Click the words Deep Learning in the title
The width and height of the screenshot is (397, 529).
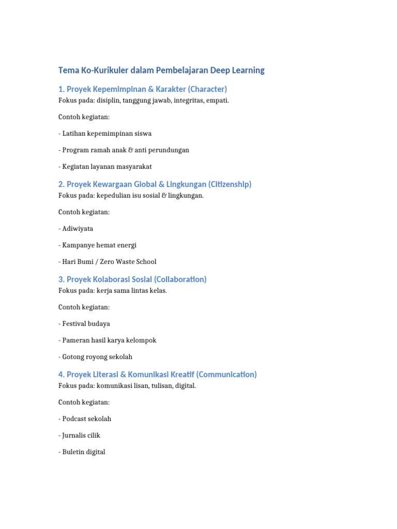click(x=237, y=70)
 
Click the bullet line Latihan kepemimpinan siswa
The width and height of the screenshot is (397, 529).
click(x=105, y=133)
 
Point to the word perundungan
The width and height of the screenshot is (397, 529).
click(x=170, y=150)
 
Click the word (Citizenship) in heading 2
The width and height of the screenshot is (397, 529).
click(x=230, y=184)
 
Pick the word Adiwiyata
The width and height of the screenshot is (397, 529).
click(x=78, y=228)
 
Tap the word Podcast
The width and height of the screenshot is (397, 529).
click(x=75, y=418)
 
